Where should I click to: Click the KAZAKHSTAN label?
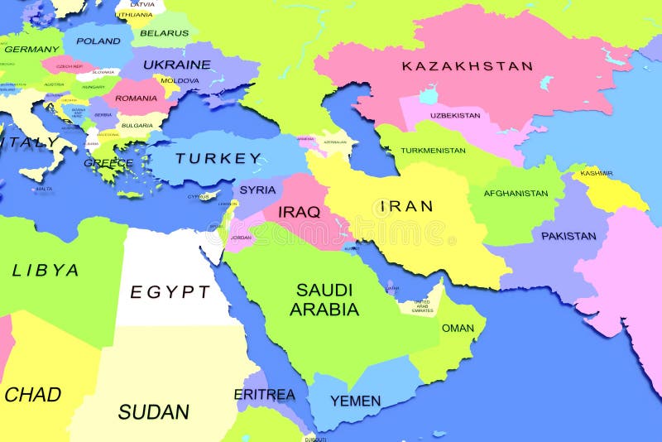tap(467, 65)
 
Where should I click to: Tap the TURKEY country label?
tap(218, 158)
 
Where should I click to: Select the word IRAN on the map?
tap(406, 206)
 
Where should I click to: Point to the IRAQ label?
tap(299, 212)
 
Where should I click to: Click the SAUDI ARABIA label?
tap(324, 300)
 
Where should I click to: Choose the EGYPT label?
tap(170, 291)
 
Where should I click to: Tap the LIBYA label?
tap(46, 270)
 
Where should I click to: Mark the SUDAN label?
tap(154, 411)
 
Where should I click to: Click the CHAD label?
tap(32, 395)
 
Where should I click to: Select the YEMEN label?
tap(356, 401)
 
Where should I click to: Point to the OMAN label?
tap(458, 328)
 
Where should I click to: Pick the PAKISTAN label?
tap(568, 236)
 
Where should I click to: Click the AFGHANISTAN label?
tap(516, 194)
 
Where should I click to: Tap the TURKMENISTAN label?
tap(433, 151)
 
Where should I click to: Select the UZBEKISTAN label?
tap(455, 115)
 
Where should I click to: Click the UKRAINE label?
tap(177, 64)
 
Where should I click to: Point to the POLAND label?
tap(98, 41)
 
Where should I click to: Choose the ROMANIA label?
tap(136, 98)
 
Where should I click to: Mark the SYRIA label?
tap(258, 190)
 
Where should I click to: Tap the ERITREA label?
tap(264, 394)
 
